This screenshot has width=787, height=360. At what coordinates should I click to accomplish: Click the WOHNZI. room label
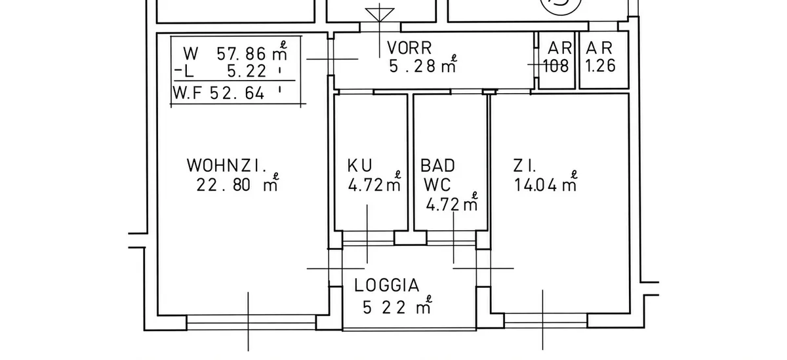227,165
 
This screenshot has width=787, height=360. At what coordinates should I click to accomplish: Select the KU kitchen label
359,165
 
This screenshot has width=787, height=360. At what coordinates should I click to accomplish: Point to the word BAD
437,165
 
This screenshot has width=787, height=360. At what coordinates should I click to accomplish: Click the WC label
437,185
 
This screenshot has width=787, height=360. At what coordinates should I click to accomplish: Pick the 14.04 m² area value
546,183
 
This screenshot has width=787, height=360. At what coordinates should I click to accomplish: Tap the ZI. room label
525,166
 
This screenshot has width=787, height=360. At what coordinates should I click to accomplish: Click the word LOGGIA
387,285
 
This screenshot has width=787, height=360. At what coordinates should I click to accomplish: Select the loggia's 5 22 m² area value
397,306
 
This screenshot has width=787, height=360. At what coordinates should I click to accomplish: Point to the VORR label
409,48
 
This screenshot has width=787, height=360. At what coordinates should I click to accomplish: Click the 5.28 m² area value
422,64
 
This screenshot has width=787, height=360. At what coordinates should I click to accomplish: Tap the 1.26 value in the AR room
601,66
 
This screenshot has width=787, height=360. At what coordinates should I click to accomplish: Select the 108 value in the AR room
556,66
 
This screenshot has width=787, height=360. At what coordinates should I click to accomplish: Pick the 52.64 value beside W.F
237,93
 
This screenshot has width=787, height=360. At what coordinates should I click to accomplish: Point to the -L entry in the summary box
184,71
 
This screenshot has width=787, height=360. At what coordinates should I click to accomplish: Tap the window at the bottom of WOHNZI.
251,323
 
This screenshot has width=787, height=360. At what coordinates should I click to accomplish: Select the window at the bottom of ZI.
546,321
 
